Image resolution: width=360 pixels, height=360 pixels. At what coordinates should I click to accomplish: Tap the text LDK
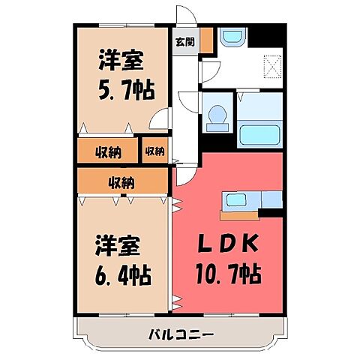pyautogui.click(x=229, y=244)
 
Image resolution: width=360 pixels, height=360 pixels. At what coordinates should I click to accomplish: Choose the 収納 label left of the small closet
pyautogui.click(x=108, y=151)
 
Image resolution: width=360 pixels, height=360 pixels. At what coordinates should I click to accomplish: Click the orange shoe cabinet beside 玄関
pyautogui.click(x=205, y=39)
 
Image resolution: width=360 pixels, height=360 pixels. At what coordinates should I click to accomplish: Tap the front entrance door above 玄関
pyautogui.click(x=184, y=15)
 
